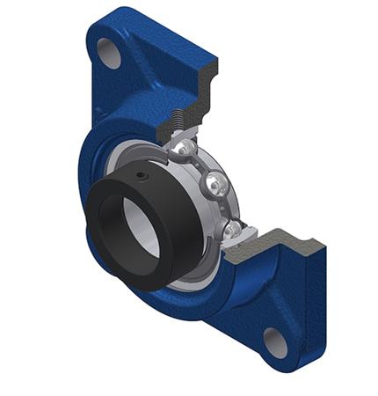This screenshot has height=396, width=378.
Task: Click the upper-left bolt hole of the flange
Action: tap(110, 53)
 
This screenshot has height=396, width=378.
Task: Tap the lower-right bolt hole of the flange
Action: tap(276, 341)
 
